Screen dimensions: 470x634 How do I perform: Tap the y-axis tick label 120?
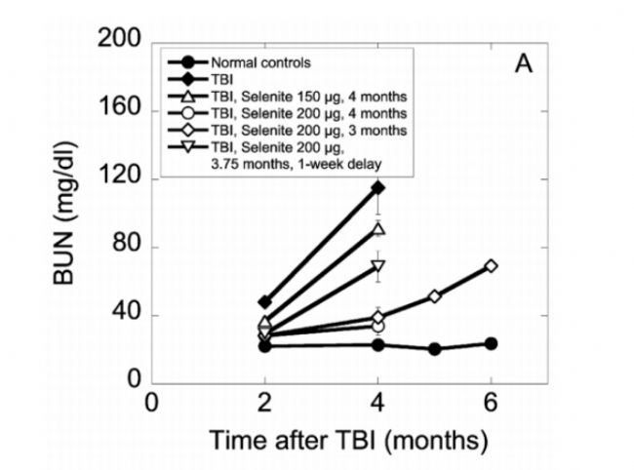pos(124,178)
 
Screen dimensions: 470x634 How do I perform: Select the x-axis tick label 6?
pos(491,404)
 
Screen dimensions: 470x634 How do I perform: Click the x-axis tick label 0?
pos(151,404)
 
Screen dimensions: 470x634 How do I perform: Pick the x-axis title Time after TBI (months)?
pos(348,441)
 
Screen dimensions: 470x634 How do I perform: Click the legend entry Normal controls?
pos(260,63)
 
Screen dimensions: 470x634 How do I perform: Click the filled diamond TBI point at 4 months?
pos(377,187)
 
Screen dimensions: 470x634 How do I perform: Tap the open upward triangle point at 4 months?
pos(377,229)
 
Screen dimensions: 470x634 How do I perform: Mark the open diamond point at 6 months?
pos(491,266)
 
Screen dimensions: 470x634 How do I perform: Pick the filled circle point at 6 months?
pos(491,343)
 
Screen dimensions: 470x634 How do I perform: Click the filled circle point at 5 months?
pos(434,348)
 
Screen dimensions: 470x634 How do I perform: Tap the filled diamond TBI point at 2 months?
pos(264,302)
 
